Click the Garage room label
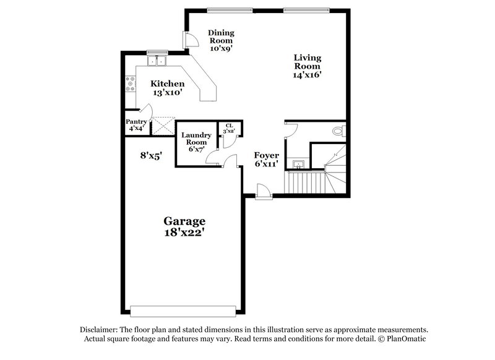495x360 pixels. [184, 221]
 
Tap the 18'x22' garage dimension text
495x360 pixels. [184, 233]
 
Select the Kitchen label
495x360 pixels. [168, 84]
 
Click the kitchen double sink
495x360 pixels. [158, 61]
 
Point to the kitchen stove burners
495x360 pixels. [131, 84]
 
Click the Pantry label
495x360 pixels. [136, 122]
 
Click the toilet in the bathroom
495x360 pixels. [338, 131]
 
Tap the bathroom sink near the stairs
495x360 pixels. [299, 164]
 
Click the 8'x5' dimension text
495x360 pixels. [150, 156]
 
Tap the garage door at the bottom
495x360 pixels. [183, 311]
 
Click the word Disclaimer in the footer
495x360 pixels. [100, 330]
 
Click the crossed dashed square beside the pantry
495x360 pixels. [163, 126]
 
